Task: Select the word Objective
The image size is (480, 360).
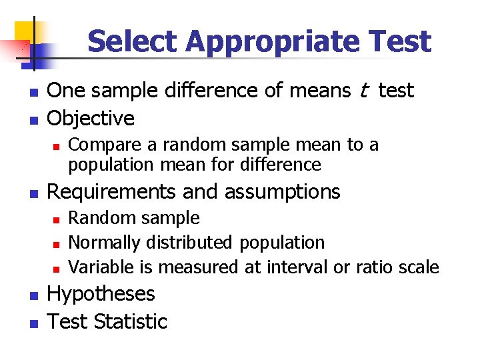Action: click(91, 119)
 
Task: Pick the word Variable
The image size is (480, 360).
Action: click(101, 267)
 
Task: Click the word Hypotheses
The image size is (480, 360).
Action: click(101, 294)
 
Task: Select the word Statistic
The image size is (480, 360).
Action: click(131, 322)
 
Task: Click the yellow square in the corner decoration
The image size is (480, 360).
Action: click(25, 33)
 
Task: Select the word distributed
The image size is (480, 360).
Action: click(185, 243)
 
